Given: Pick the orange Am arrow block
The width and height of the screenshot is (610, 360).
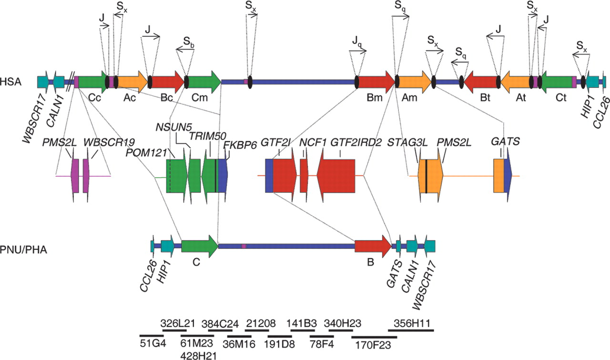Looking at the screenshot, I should pyautogui.click(x=414, y=81).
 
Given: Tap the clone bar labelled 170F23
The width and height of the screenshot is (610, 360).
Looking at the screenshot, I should pyautogui.click(x=374, y=337).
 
